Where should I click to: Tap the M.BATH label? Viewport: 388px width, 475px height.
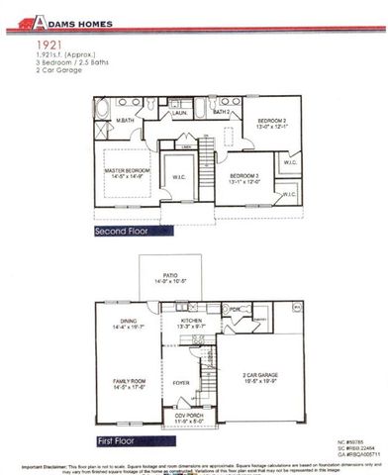[126, 120]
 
